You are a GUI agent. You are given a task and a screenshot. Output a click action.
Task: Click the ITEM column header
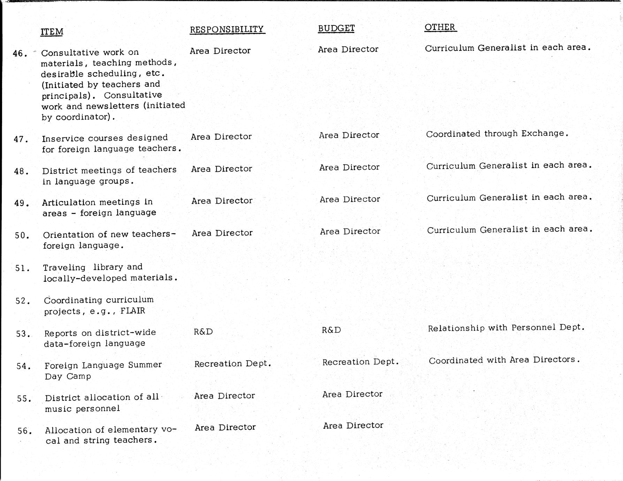[x=52, y=32]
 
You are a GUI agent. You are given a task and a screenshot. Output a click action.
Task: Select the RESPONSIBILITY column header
[x=227, y=29]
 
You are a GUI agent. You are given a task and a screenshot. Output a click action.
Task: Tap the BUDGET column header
[x=336, y=29]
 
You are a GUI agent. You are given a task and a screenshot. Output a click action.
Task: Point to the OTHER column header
[x=440, y=27]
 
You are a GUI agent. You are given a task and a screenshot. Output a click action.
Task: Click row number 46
[x=20, y=54]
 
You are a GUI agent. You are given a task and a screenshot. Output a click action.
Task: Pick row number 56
[x=25, y=431]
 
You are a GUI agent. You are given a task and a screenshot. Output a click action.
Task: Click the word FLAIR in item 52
[x=132, y=311]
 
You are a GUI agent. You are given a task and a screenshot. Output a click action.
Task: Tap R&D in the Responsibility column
[x=203, y=331]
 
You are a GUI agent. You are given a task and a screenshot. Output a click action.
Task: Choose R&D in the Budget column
[x=331, y=330]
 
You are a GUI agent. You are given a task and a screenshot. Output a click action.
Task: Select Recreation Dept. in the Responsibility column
[x=233, y=364]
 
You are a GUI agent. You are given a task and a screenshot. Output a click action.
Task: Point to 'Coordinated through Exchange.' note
[x=497, y=133]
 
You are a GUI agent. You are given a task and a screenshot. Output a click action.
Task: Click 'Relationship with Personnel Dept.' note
[x=506, y=328]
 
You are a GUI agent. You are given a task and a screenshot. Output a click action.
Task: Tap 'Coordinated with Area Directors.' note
[x=504, y=360]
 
